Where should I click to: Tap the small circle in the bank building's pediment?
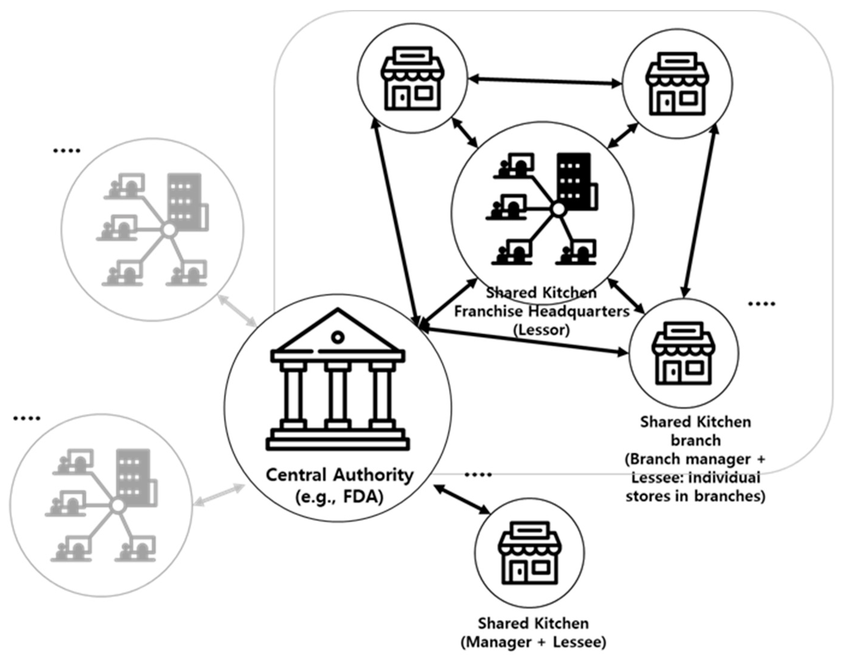pos(338,337)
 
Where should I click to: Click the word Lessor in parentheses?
pos(541,330)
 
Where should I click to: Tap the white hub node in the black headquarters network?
pos(558,209)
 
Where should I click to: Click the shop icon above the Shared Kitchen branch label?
pos(683,353)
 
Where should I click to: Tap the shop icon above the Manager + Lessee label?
pos(530,552)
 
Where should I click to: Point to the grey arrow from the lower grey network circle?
pos(220,495)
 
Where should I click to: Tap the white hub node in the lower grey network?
pos(117,506)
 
